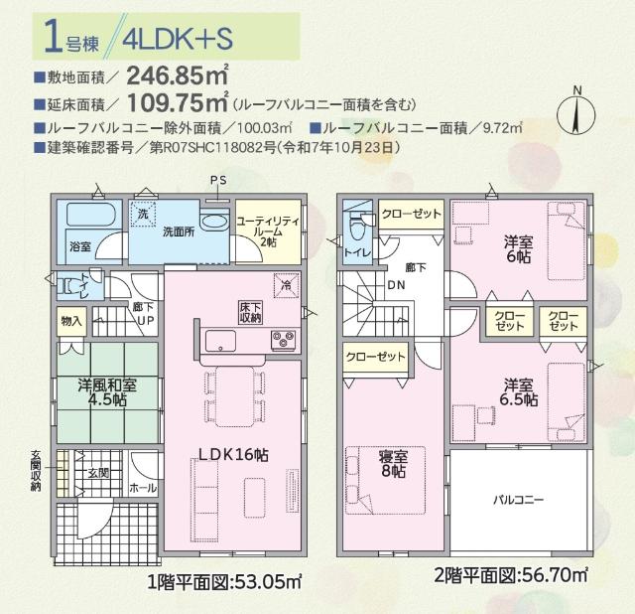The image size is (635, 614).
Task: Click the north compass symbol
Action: pyautogui.click(x=575, y=111)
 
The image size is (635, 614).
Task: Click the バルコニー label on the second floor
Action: pyautogui.click(x=520, y=500)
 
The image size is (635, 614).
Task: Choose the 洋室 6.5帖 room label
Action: pyautogui.click(x=520, y=391)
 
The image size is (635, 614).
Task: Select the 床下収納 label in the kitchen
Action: pyautogui.click(x=250, y=312)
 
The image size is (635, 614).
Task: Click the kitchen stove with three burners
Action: pyautogui.click(x=282, y=342)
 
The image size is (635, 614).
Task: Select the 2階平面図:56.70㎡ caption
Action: pyautogui.click(x=511, y=575)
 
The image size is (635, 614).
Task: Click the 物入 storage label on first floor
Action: pyautogui.click(x=71, y=322)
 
